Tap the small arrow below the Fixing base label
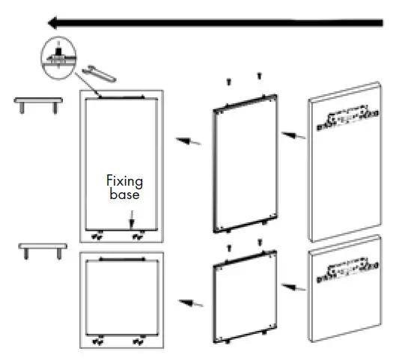click(x=132, y=217)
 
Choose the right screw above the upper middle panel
click(x=259, y=76)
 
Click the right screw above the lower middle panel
click(x=259, y=242)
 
